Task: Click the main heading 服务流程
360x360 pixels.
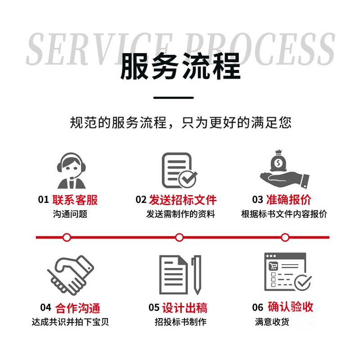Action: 180,67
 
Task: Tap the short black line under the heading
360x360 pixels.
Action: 173,97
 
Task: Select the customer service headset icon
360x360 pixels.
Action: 71,171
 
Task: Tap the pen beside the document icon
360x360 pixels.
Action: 196,274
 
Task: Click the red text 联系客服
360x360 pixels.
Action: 75,200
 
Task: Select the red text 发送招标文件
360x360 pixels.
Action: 182,200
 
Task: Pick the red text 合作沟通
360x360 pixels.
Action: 77,308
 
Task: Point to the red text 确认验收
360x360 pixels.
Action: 290,307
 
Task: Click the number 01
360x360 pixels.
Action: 43,200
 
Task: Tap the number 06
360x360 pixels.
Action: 257,308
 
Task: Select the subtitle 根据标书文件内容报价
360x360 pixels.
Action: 284,214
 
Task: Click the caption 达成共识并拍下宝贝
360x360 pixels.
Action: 71,322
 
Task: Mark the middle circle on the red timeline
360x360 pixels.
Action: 179,237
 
